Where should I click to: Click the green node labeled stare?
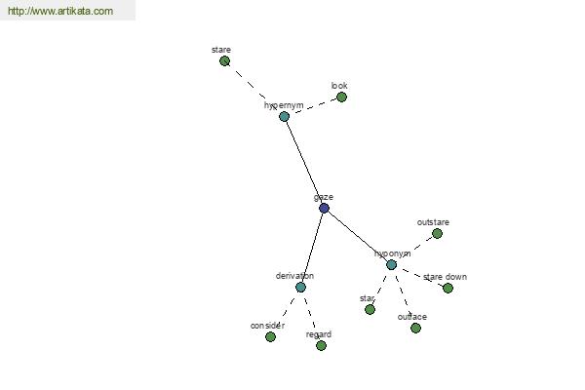[x=225, y=61]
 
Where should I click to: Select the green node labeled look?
[x=341, y=97]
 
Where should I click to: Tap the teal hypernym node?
[x=285, y=117]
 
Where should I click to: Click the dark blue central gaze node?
[x=324, y=208]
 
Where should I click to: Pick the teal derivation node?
[x=300, y=287]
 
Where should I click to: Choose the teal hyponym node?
[x=391, y=264]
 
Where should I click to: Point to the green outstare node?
[x=437, y=234]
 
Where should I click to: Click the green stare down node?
[x=448, y=288]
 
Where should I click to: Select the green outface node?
[x=415, y=328]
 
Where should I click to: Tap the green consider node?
[x=270, y=336]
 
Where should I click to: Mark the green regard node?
[x=321, y=345]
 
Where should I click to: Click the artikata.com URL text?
[x=60, y=12]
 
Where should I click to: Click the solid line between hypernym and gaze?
[x=304, y=162]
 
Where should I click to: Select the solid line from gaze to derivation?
[x=312, y=248]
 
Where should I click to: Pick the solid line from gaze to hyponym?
[x=357, y=236]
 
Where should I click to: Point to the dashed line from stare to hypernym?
[x=253, y=88]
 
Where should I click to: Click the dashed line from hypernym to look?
[x=313, y=107]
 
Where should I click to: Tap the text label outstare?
[x=433, y=222]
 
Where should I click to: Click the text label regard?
[x=319, y=334]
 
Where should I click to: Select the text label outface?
[x=412, y=317]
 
